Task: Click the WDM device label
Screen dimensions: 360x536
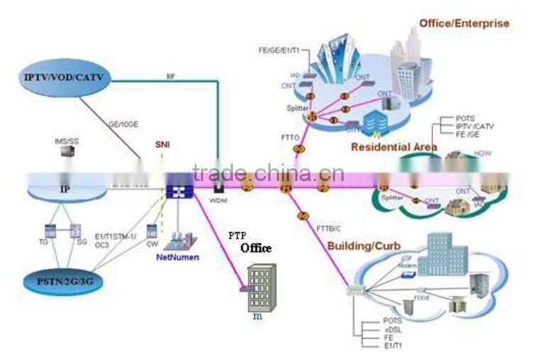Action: pos(217,200)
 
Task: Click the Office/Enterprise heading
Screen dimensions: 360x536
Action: pos(464,23)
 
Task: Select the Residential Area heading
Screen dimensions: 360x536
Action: pos(393,147)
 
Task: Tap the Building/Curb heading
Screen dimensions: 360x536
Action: pos(363,246)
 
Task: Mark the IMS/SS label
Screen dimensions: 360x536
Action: pos(66,141)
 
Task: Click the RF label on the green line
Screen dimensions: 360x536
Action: pos(170,76)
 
